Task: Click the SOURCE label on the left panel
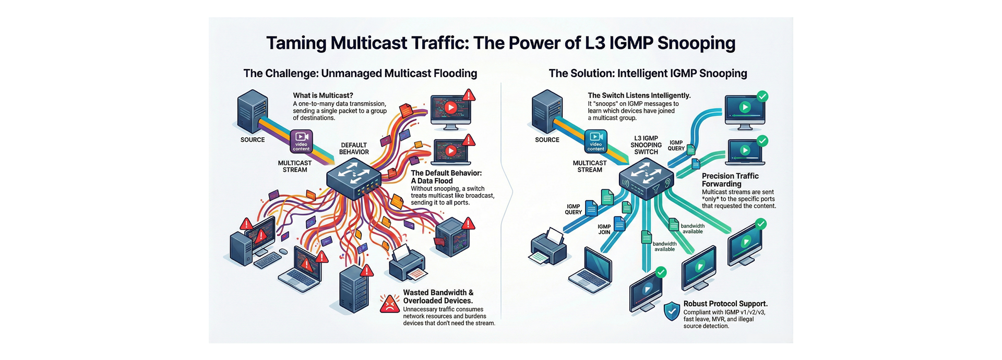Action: pos(253,140)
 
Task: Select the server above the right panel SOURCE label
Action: pos(547,111)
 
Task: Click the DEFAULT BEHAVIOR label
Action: pos(354,149)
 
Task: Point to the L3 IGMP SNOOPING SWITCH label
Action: pos(646,145)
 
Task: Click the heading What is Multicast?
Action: pos(323,95)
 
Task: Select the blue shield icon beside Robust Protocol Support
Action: pos(672,311)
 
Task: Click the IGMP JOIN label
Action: pos(604,230)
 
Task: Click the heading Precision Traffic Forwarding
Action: pos(730,180)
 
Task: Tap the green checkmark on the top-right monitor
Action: pos(762,96)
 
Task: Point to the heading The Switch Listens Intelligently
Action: pos(639,95)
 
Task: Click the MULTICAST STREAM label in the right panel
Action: pos(589,166)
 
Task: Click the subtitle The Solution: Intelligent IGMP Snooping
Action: pos(648,74)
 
